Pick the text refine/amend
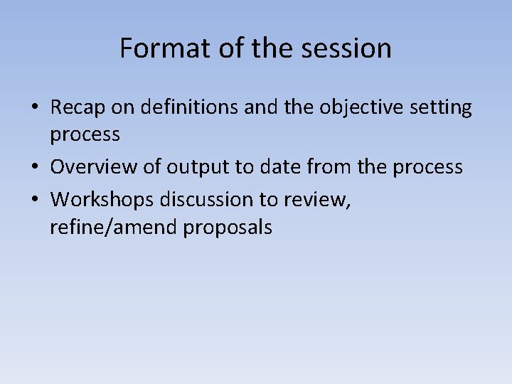(114, 228)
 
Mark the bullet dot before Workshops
(35, 200)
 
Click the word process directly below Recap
(85, 134)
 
